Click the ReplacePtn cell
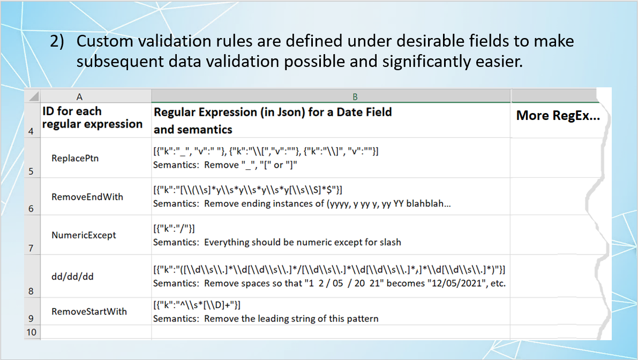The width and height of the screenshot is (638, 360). point(75,158)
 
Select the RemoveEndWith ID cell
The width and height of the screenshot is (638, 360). point(87,197)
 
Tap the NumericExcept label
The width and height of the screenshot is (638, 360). point(84,235)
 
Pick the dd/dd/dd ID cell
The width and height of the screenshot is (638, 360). point(72,276)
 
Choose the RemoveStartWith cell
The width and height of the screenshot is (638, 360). point(89,312)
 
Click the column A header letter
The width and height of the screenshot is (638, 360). point(79,97)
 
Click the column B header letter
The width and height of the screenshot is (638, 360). point(355,97)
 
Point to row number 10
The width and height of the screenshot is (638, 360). point(31,332)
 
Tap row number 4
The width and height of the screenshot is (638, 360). point(31,131)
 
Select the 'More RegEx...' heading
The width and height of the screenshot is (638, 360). point(558,116)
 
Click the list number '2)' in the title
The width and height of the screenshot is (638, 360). point(57,41)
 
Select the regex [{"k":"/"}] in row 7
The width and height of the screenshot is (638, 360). point(174,229)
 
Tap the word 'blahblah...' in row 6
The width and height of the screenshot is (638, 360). point(429,204)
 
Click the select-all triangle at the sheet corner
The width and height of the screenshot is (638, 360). point(34,96)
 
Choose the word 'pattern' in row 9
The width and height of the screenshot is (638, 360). point(363,319)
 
